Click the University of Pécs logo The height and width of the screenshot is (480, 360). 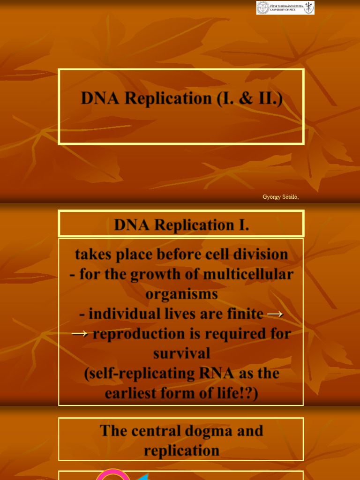coord(285,7)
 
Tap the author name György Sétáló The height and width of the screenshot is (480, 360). coord(280,197)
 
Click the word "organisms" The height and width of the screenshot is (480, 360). coord(181,294)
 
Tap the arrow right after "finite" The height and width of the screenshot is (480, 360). coord(275,314)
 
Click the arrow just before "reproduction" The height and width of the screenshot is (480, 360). coord(80,334)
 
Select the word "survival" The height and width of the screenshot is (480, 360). coord(181,353)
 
